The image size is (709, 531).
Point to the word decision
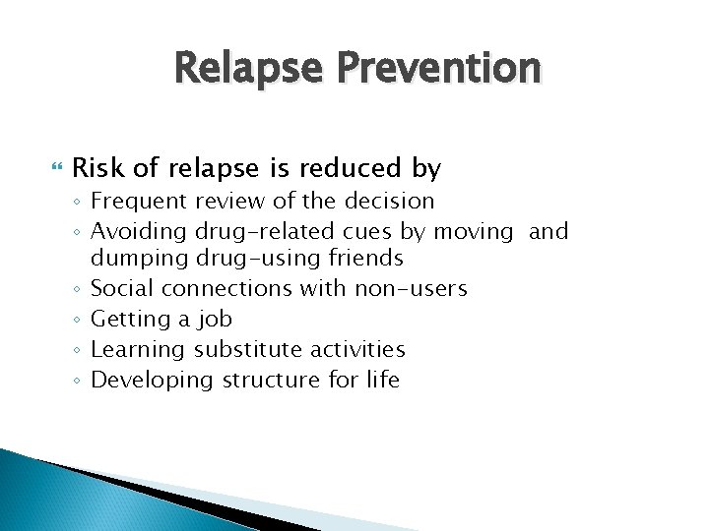[x=392, y=202]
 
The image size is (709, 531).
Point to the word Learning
[x=137, y=349]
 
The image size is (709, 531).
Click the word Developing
[x=146, y=380]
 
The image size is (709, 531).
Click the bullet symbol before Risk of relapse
[x=55, y=169]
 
